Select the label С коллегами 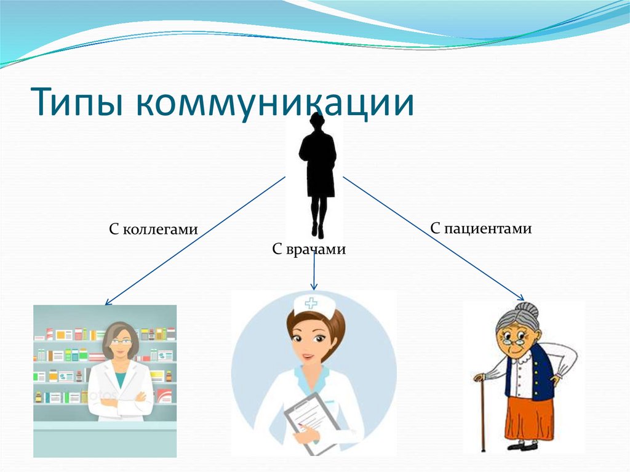pyautogui.click(x=153, y=230)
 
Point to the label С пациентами pyautogui.click(x=480, y=229)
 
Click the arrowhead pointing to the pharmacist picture pyautogui.click(x=108, y=302)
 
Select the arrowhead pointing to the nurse pyautogui.click(x=314, y=286)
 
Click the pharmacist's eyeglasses pyautogui.click(x=121, y=340)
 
